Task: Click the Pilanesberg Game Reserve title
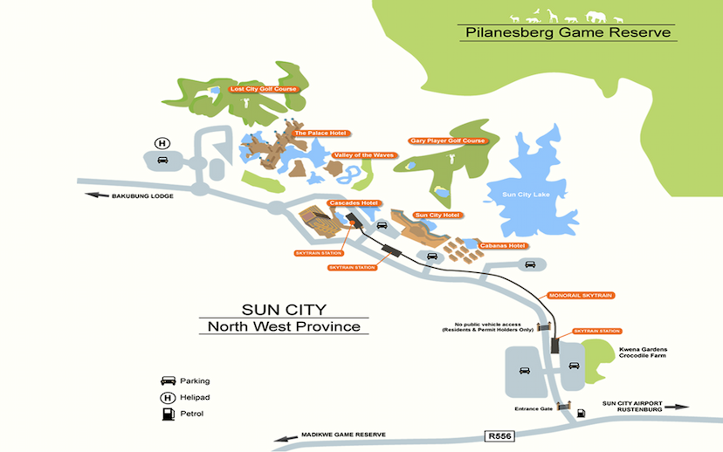click(568, 32)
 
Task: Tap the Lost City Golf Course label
click(263, 89)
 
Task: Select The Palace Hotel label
click(320, 134)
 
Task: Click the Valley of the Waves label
click(364, 155)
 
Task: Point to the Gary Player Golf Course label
click(446, 140)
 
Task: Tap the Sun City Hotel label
click(436, 215)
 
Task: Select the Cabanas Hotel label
click(504, 245)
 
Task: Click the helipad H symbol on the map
click(162, 143)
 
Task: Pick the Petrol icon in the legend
click(168, 414)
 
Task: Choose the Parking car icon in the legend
click(168, 381)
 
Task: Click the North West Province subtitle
click(284, 327)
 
